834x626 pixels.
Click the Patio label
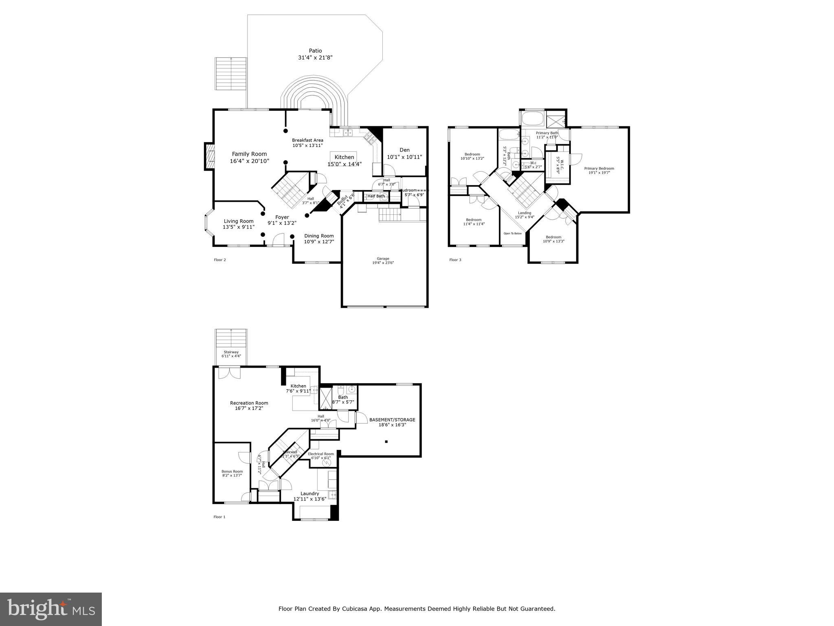pos(315,51)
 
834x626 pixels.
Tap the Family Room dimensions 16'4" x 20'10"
pos(249,161)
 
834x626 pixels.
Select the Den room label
pos(404,150)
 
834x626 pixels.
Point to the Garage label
pos(383,258)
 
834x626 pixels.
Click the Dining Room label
pos(319,236)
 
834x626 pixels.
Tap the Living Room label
pos(238,221)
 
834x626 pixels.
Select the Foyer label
pos(282,218)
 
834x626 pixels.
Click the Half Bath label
pos(376,196)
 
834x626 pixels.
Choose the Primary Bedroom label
pos(599,168)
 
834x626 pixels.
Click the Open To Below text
pos(512,234)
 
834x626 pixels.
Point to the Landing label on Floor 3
pos(525,213)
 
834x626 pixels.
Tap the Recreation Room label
pos(249,403)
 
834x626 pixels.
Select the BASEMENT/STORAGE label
pos(392,419)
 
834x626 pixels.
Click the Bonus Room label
pos(232,471)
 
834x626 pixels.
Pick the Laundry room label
pos(309,494)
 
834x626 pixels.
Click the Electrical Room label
pos(321,454)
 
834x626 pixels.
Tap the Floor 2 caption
pos(220,260)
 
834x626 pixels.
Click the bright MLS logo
pos(51,609)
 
